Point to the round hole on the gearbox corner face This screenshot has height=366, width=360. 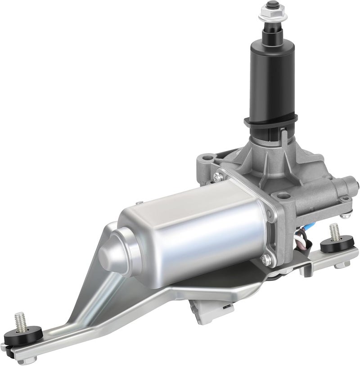point(283,195)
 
